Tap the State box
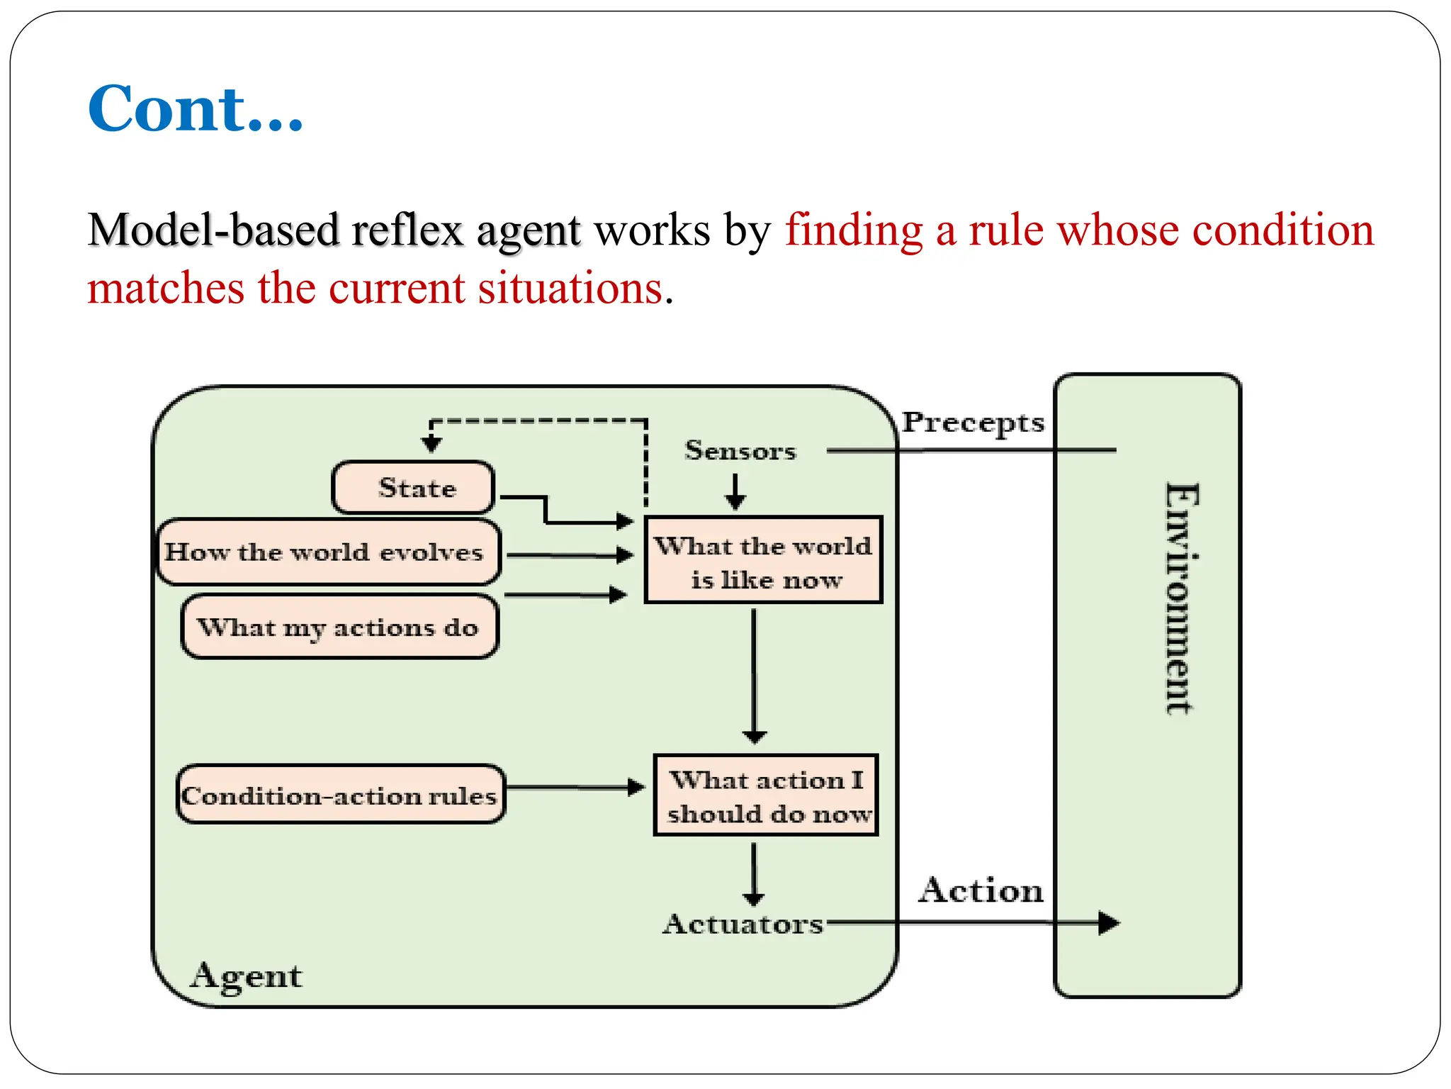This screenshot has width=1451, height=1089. point(414,488)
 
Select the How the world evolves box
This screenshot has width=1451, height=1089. point(327,552)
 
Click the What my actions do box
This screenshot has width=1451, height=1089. point(339,627)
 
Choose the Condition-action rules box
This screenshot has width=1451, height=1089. point(340,795)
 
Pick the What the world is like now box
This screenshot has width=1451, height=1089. point(763,561)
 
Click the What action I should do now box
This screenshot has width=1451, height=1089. point(766,795)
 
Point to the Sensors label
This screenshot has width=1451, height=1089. point(740,451)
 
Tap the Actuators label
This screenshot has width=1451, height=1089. point(743,924)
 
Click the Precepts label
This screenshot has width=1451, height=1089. point(973,423)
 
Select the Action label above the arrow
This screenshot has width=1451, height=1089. point(981,890)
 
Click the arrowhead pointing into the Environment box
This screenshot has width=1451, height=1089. point(1109,923)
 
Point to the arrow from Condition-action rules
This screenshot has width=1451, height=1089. point(575,787)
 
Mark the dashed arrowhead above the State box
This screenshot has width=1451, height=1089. point(431,445)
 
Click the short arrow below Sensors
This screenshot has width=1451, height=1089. point(735,493)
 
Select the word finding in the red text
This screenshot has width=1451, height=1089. point(854,231)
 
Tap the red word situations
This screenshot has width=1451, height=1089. point(570,289)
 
